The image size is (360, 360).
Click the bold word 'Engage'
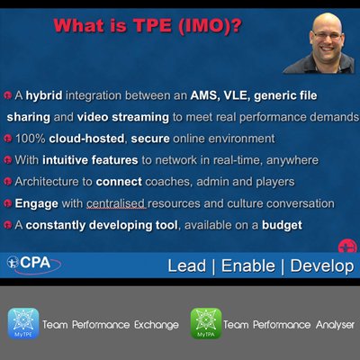35,203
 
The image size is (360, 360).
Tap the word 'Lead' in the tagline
186,266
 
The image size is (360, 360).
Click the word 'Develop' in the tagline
316,266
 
